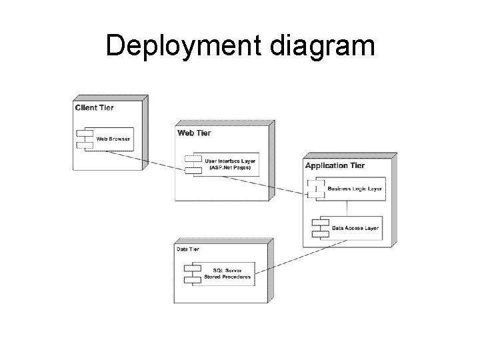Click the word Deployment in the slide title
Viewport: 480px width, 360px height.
(171, 47)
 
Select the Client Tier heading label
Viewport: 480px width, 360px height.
(94, 107)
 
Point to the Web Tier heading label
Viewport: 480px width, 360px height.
(194, 133)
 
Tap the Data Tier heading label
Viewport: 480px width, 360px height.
(188, 249)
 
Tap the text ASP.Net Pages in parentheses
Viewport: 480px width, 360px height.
(230, 168)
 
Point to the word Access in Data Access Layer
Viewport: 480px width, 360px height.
(353, 227)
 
